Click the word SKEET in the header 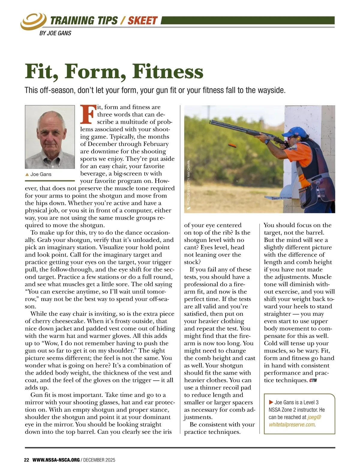click(x=142, y=20)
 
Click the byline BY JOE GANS click(x=55, y=33)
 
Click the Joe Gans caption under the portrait click(x=40, y=174)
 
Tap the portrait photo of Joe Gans click(x=50, y=137)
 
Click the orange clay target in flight click(x=232, y=146)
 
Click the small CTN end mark click(x=313, y=380)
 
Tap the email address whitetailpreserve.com click(x=292, y=424)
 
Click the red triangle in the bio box click(x=271, y=402)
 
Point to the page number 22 click(x=26, y=460)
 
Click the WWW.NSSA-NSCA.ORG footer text click(x=56, y=460)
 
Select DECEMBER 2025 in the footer click(x=99, y=460)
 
